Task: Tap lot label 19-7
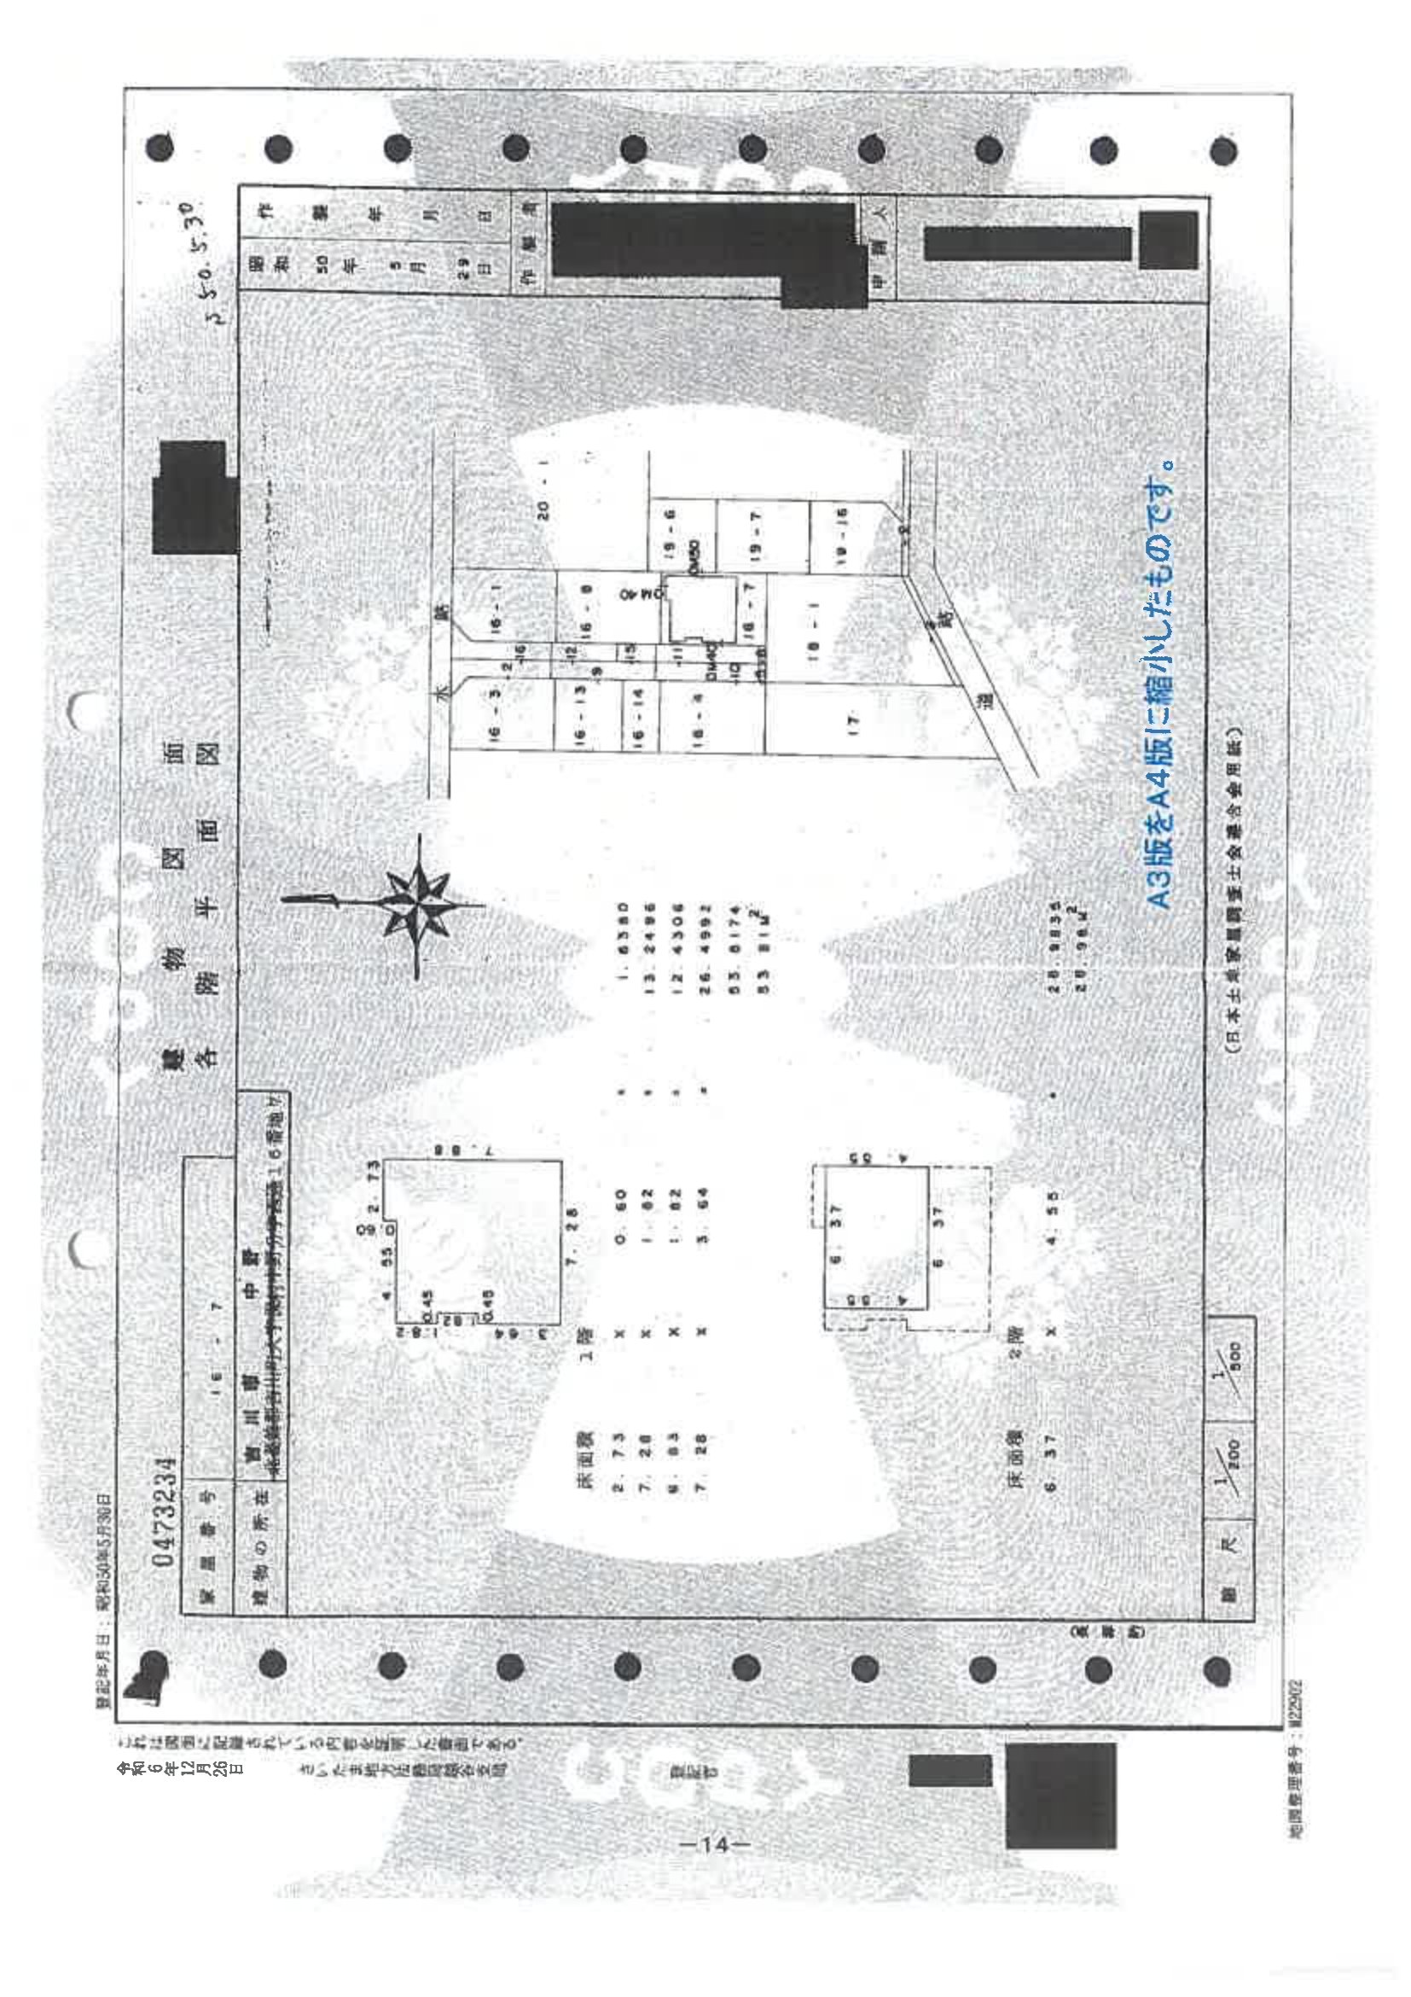[755, 534]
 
